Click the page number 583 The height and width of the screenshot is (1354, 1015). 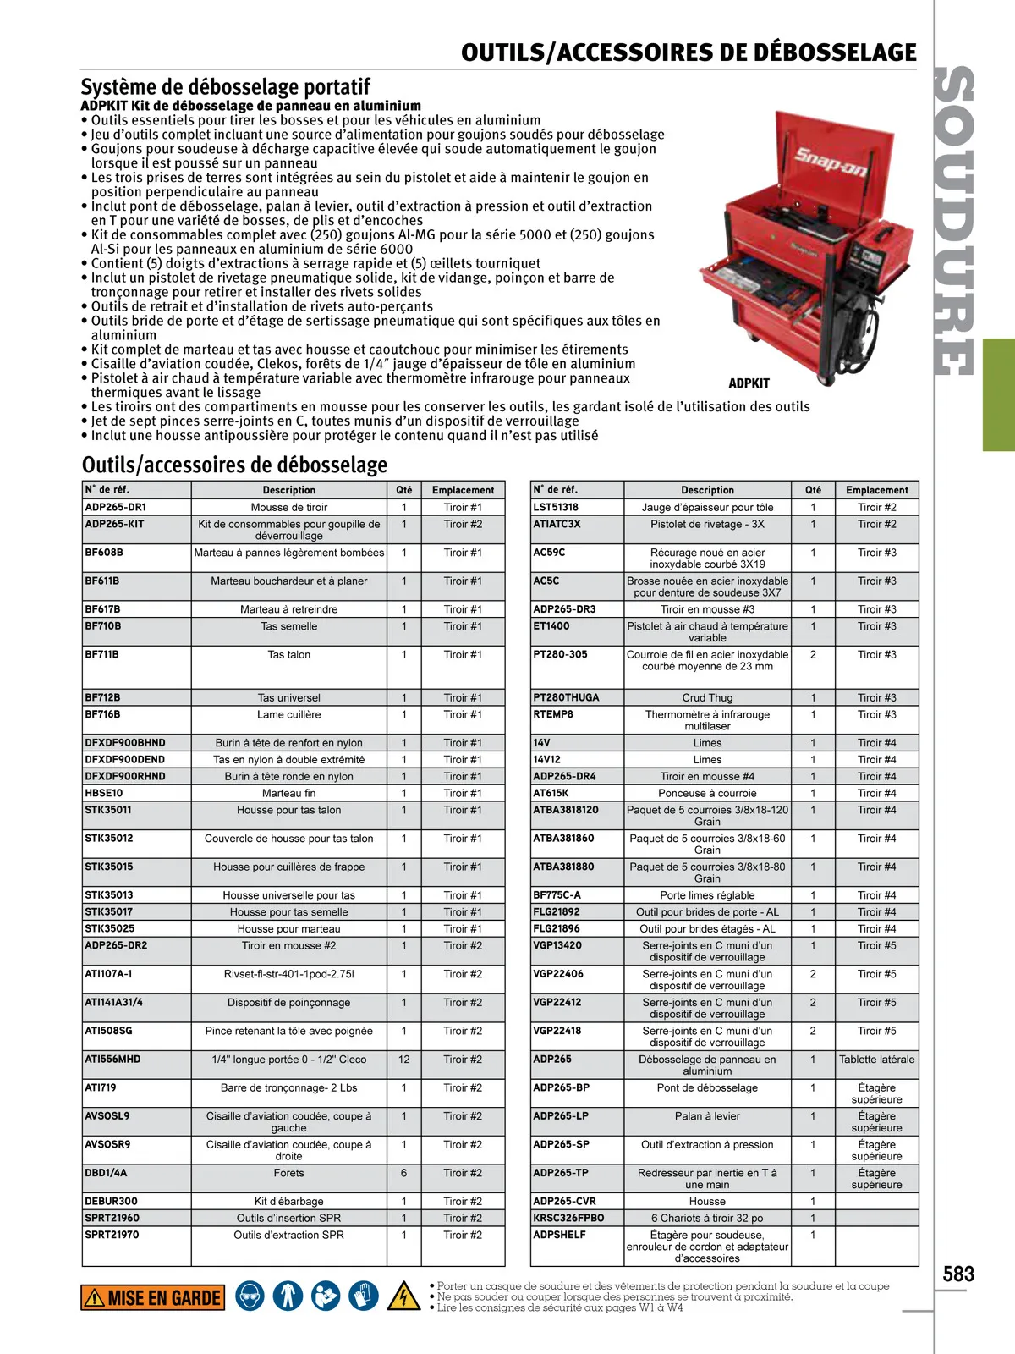(x=958, y=1274)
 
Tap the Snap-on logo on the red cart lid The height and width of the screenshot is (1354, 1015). (x=830, y=162)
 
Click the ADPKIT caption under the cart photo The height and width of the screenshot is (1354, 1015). (x=749, y=383)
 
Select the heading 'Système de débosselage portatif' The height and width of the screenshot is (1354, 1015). (x=226, y=86)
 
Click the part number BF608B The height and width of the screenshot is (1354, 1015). (x=104, y=553)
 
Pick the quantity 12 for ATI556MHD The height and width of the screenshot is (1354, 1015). (x=403, y=1060)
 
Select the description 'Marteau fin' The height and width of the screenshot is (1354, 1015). (x=288, y=794)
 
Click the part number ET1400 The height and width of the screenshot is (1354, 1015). (x=551, y=626)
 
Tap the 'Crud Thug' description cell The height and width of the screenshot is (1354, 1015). (x=707, y=698)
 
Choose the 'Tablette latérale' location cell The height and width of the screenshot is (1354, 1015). (x=876, y=1060)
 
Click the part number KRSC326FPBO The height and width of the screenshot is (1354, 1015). (x=568, y=1219)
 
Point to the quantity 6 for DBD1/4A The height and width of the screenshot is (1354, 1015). (x=403, y=1173)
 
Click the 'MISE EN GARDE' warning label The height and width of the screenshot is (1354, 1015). (x=153, y=1298)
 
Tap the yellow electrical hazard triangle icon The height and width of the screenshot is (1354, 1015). (x=403, y=1296)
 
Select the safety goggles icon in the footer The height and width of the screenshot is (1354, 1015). (x=250, y=1296)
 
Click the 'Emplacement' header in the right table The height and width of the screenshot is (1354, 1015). (x=876, y=490)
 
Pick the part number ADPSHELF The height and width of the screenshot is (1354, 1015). (x=559, y=1236)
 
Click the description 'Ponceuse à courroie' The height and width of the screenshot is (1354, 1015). (x=707, y=794)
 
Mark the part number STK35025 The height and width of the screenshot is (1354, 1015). (x=109, y=929)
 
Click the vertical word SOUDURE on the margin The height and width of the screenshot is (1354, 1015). (x=956, y=220)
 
